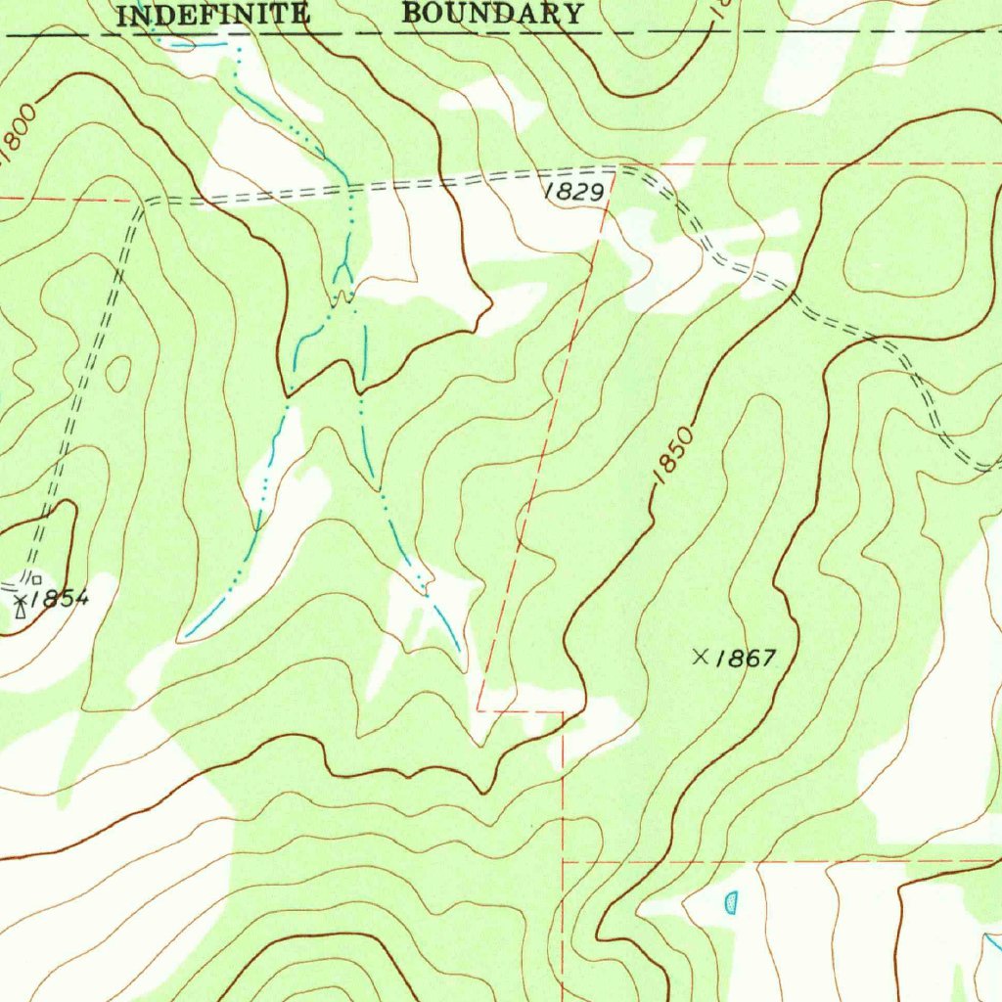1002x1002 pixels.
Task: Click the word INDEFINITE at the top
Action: pos(213,15)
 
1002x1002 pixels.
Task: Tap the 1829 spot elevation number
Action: pos(573,193)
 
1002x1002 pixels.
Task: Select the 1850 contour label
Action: pos(673,451)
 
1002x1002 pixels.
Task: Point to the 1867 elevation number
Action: pos(745,659)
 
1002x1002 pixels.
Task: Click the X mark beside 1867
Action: pos(701,657)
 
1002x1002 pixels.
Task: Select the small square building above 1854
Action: pos(36,581)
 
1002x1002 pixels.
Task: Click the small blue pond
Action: pos(731,901)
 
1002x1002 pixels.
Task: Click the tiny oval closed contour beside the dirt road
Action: pos(118,373)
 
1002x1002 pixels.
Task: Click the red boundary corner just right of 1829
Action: pos(615,174)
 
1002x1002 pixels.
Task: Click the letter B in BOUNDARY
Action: pos(412,14)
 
